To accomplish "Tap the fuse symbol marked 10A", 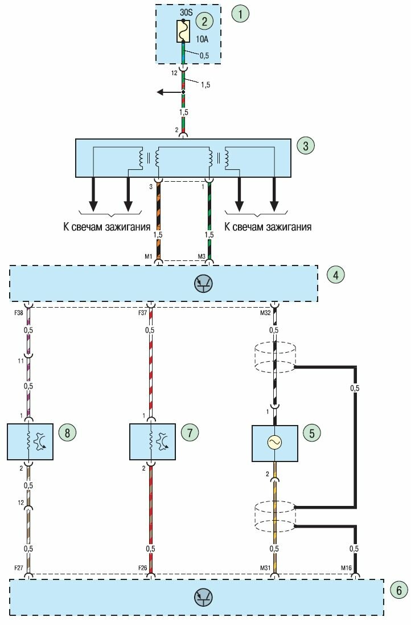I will point(183,32).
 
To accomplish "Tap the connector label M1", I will point(150,255).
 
